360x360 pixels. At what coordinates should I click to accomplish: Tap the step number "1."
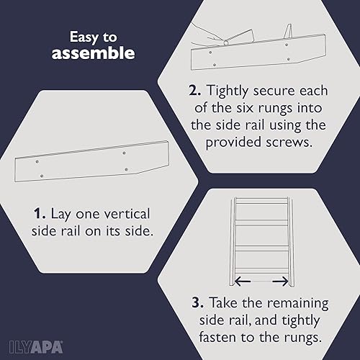[40, 215]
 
